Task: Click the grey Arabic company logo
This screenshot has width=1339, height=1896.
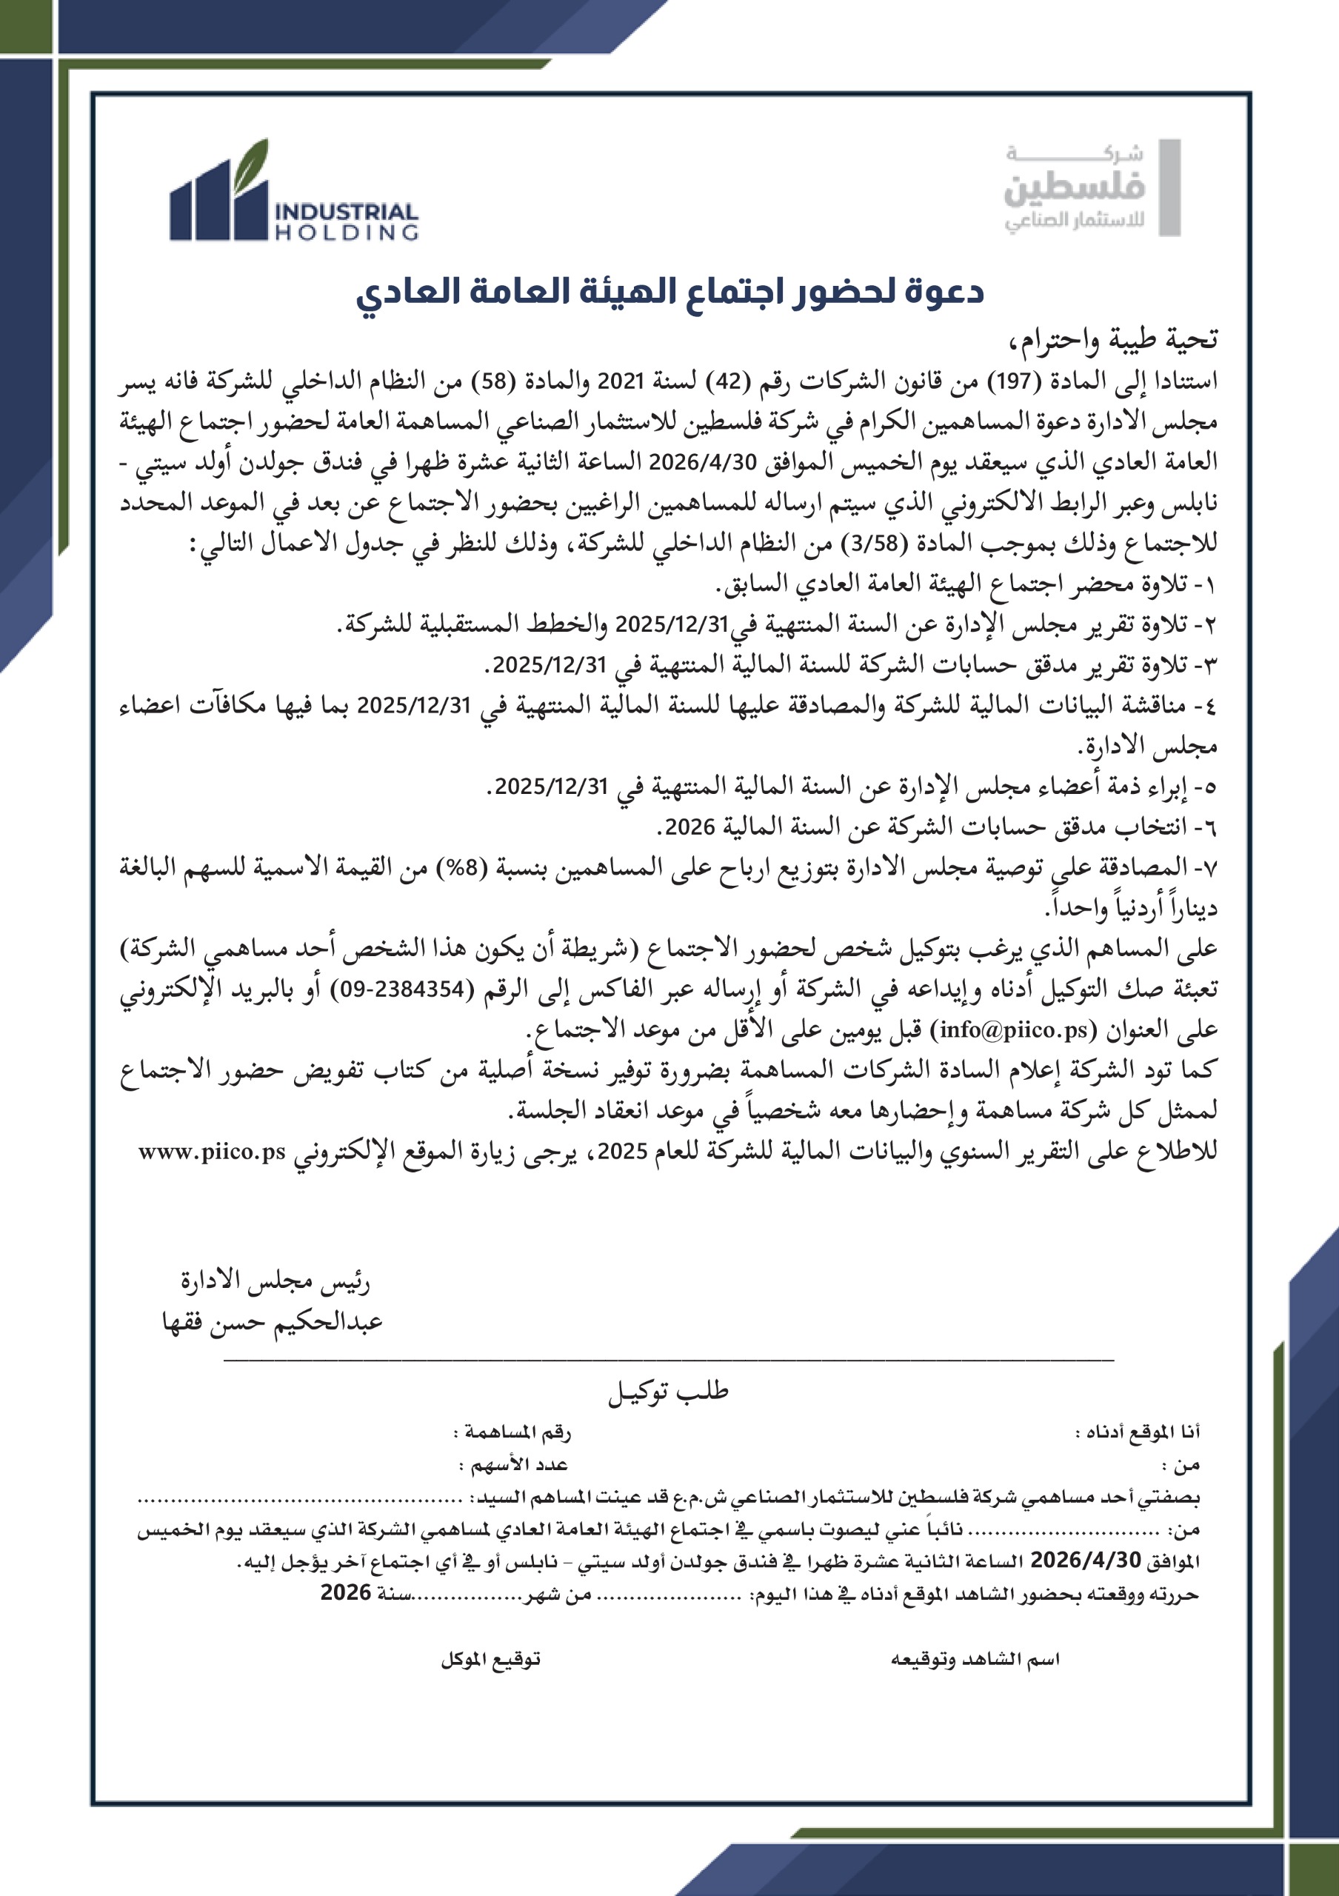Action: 1089,188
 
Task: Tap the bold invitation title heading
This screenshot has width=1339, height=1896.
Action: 669,292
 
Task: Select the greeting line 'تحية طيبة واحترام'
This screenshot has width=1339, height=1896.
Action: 1111,339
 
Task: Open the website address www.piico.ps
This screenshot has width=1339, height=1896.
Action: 212,1152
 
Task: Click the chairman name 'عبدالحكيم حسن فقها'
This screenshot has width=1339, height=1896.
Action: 273,1322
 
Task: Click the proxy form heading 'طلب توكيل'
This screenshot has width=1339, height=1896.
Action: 669,1392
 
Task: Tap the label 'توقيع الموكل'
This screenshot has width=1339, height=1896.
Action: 490,1659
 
